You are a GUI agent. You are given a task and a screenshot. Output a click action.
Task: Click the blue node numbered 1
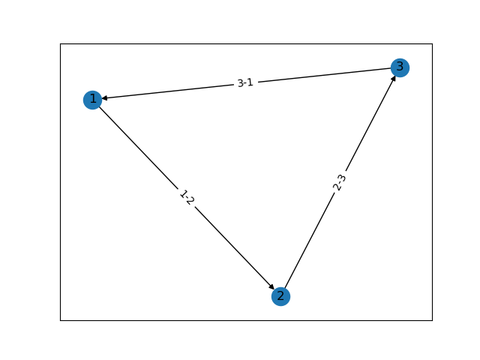(92, 100)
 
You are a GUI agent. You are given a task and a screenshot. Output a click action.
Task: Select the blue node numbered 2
(280, 296)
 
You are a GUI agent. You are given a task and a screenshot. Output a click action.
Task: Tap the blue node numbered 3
(400, 67)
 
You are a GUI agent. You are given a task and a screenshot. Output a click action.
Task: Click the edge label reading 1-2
(187, 198)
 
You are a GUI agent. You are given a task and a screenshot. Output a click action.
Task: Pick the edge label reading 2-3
(340, 182)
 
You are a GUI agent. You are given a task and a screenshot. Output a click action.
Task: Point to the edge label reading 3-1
(245, 82)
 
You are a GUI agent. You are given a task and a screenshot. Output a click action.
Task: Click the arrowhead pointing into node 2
(271, 286)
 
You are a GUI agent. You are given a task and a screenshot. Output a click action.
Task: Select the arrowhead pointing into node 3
(393, 79)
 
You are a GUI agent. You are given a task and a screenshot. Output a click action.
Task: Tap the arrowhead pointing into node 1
(106, 98)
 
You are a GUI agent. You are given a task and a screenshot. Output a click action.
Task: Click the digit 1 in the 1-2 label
(182, 193)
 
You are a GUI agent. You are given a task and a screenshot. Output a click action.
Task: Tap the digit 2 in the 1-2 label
(190, 202)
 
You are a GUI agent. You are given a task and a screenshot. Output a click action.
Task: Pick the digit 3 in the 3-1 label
(240, 83)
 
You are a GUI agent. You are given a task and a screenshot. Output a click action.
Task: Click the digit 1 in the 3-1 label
(250, 82)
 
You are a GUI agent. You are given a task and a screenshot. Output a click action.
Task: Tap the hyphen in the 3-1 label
(245, 83)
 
